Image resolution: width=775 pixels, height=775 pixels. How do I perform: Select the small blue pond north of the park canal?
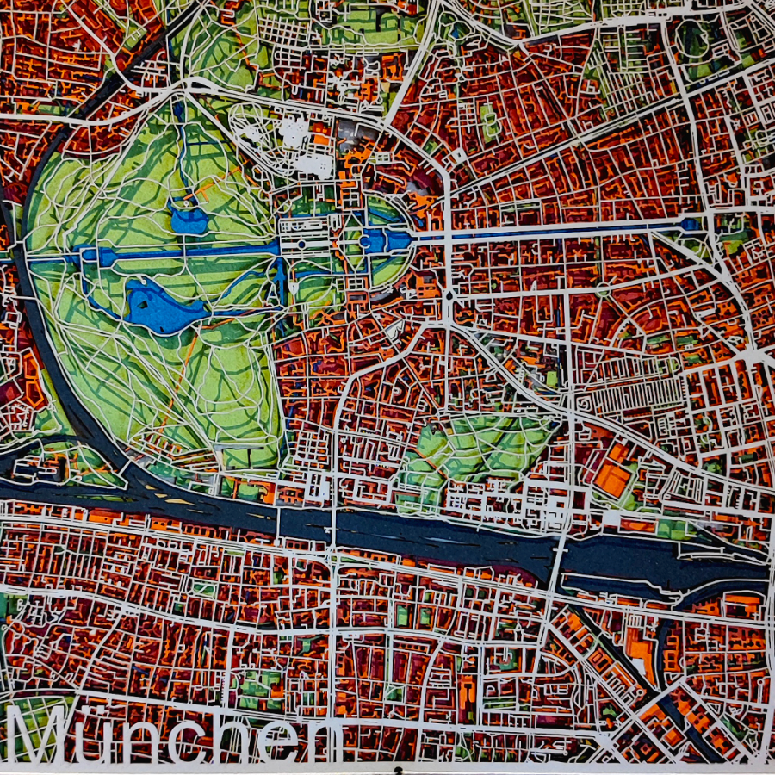pos(189,220)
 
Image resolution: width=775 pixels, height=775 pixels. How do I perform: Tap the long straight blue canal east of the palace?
pos(560,230)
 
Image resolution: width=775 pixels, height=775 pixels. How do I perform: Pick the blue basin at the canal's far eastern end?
pos(689,225)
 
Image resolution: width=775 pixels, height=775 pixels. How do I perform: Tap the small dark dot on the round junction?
pos(449,295)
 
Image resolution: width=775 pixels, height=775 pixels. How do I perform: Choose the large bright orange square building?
pos(613,479)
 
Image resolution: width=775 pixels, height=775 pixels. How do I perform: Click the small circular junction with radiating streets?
pos(449,295)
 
